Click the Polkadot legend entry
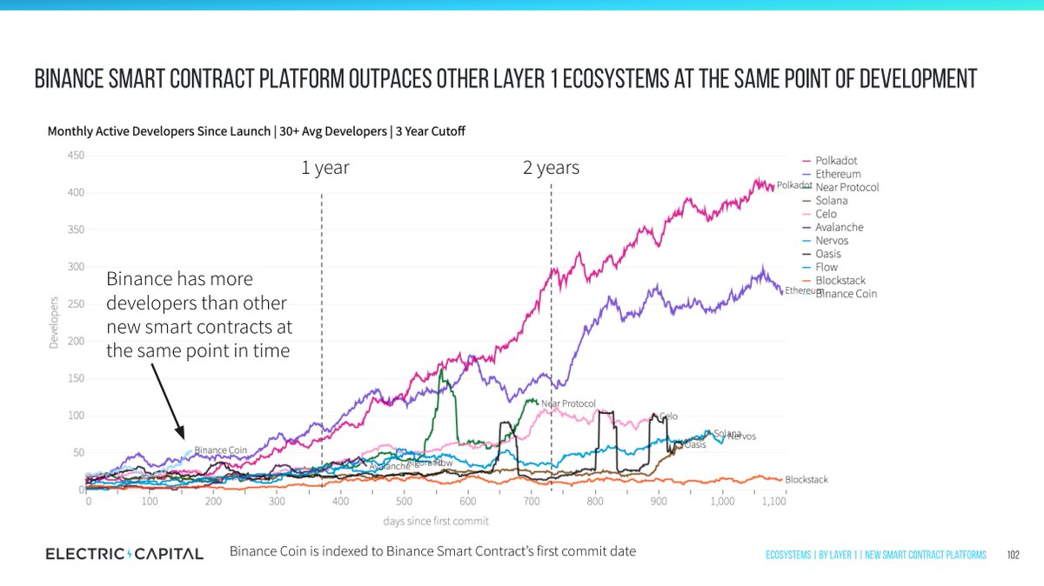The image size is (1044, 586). [835, 161]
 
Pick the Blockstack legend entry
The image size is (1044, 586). [840, 281]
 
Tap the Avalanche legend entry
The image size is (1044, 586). [839, 228]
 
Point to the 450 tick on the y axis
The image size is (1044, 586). [76, 156]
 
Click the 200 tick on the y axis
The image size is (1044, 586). [76, 342]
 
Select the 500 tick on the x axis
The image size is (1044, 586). [404, 503]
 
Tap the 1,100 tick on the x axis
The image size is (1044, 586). [947, 503]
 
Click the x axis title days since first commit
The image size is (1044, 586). [436, 521]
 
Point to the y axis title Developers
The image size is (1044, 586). [53, 323]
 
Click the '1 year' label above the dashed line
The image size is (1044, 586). [325, 168]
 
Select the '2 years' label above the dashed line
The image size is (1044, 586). [551, 168]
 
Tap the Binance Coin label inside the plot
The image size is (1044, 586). [221, 450]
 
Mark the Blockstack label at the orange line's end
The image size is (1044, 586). [806, 480]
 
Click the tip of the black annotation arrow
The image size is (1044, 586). [184, 438]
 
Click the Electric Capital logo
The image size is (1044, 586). [124, 554]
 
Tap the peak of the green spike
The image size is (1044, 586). [442, 370]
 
